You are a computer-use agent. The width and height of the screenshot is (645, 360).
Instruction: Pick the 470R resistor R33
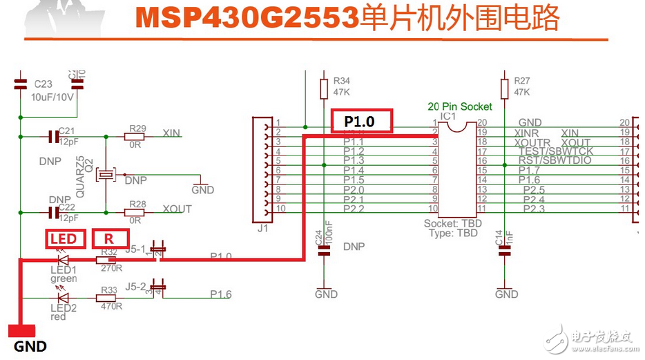coord(110,298)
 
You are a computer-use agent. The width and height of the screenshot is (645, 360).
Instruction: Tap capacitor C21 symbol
coord(52,136)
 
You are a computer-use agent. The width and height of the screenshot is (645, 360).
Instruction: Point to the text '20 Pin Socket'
coord(460,106)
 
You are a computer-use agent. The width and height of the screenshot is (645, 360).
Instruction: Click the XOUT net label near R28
coord(177,209)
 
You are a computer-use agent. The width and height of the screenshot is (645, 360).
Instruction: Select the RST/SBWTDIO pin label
coord(553,160)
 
